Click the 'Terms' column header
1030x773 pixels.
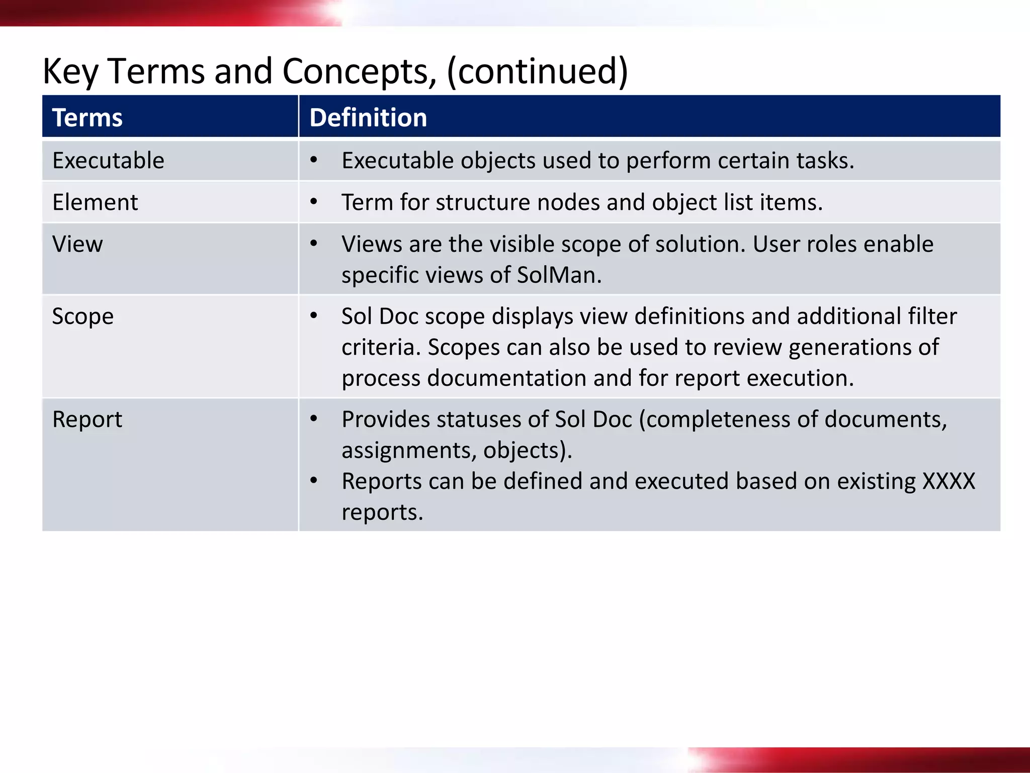[87, 118]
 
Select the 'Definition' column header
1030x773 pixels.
[368, 118]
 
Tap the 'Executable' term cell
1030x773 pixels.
[108, 161]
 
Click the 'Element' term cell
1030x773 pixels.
[95, 202]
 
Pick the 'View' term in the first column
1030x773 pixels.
[77, 244]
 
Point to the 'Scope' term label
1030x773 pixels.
[83, 317]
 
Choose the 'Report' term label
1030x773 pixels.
[87, 419]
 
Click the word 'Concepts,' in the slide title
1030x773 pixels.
[359, 71]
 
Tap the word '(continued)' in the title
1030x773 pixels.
[537, 71]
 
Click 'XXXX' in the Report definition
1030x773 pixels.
[949, 481]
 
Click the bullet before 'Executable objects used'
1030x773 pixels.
[314, 161]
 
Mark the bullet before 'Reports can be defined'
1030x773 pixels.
[314, 481]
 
